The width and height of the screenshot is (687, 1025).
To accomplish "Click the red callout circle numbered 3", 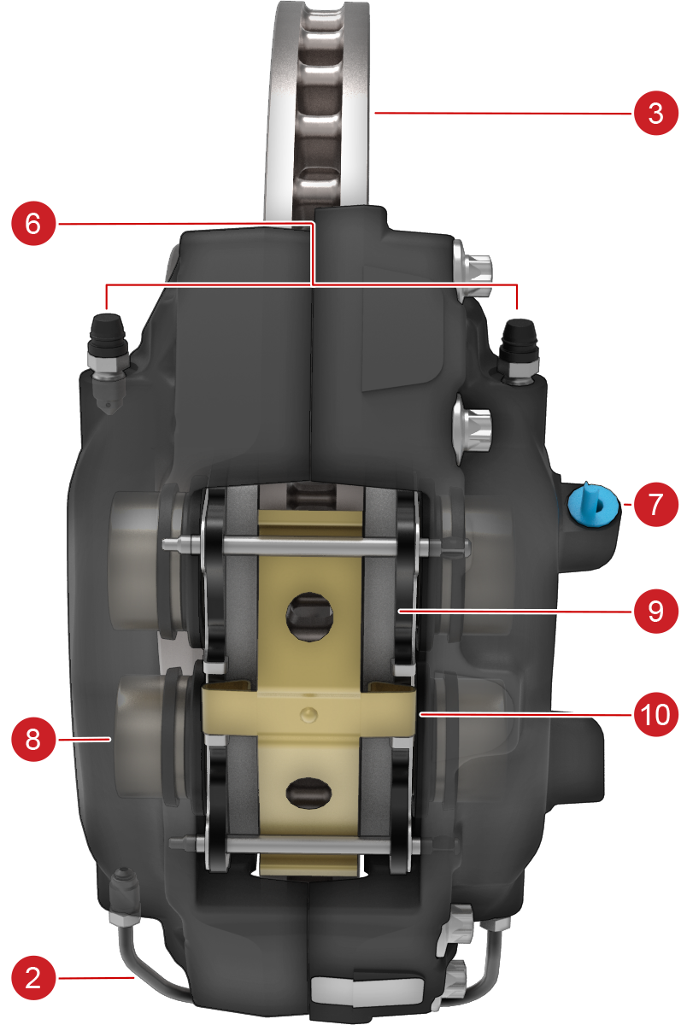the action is [x=655, y=113].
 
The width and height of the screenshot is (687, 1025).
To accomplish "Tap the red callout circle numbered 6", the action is [x=33, y=223].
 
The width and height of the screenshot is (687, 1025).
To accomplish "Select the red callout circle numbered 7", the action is [x=655, y=504].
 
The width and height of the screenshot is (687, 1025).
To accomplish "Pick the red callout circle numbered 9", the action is [x=655, y=611].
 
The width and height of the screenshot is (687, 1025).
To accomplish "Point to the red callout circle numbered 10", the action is [x=655, y=714].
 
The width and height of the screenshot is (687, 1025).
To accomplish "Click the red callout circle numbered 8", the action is [x=33, y=739].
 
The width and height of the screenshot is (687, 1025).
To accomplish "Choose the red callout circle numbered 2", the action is [x=33, y=978].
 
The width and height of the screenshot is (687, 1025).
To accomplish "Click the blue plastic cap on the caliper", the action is [x=593, y=503].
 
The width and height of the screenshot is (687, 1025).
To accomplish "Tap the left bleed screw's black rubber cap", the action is [x=107, y=330].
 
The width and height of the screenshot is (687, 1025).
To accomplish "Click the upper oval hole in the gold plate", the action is [x=309, y=616].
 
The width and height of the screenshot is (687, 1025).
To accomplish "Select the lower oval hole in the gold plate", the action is [x=308, y=792].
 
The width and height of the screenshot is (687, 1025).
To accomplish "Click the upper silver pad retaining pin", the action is [x=316, y=546].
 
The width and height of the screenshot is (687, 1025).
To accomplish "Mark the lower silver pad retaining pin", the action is [x=295, y=843].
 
